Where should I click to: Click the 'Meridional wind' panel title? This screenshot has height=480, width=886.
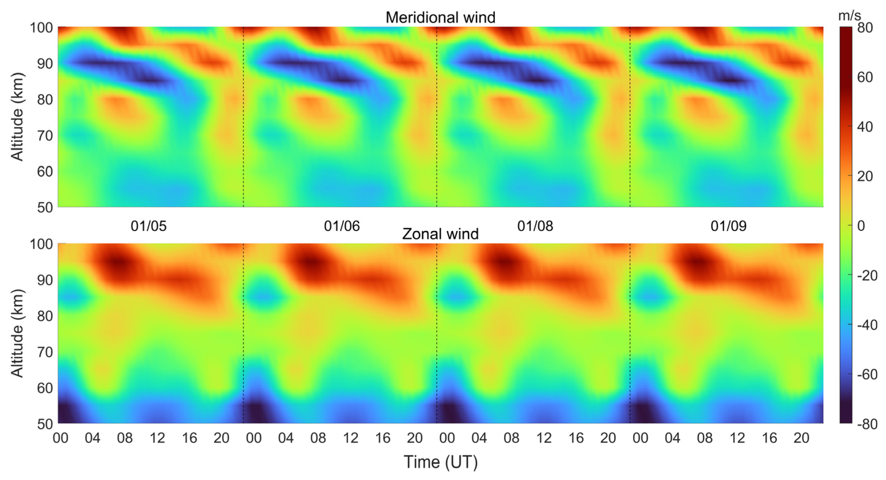click(440, 17)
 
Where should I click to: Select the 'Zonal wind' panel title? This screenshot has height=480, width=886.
click(440, 234)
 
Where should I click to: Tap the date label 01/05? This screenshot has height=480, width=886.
click(149, 226)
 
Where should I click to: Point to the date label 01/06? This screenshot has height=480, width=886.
click(342, 226)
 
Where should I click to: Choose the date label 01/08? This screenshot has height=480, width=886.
click(535, 226)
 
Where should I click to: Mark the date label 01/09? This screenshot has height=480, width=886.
click(728, 226)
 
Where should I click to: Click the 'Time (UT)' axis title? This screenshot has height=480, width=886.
click(440, 462)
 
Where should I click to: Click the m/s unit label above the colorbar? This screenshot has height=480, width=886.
click(850, 16)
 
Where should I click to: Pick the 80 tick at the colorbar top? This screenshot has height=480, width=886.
click(865, 28)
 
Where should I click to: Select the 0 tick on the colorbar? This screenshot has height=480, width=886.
click(861, 226)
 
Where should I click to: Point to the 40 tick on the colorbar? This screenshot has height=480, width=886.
click(865, 127)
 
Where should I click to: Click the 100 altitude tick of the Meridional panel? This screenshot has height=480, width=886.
click(41, 28)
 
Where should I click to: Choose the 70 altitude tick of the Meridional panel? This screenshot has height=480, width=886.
click(45, 136)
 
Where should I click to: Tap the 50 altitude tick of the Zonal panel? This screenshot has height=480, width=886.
click(45, 424)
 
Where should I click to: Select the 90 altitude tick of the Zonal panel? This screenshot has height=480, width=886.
click(45, 280)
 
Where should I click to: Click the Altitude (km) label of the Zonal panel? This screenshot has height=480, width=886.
click(17, 333)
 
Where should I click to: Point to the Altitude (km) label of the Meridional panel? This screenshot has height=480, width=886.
click(17, 117)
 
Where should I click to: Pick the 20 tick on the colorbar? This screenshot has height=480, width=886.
click(865, 176)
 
